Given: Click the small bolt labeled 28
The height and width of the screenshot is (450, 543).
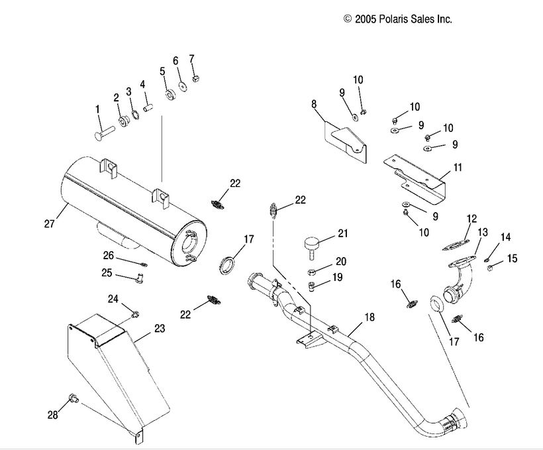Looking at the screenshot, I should tap(74, 399).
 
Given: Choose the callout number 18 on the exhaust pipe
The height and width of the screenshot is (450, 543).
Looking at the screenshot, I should tap(369, 317).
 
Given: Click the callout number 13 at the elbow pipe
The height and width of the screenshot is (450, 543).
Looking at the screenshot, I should tap(483, 231).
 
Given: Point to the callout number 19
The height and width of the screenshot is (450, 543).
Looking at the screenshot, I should tap(338, 277).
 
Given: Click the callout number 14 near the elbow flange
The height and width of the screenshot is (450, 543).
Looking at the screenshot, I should tap(505, 237).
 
